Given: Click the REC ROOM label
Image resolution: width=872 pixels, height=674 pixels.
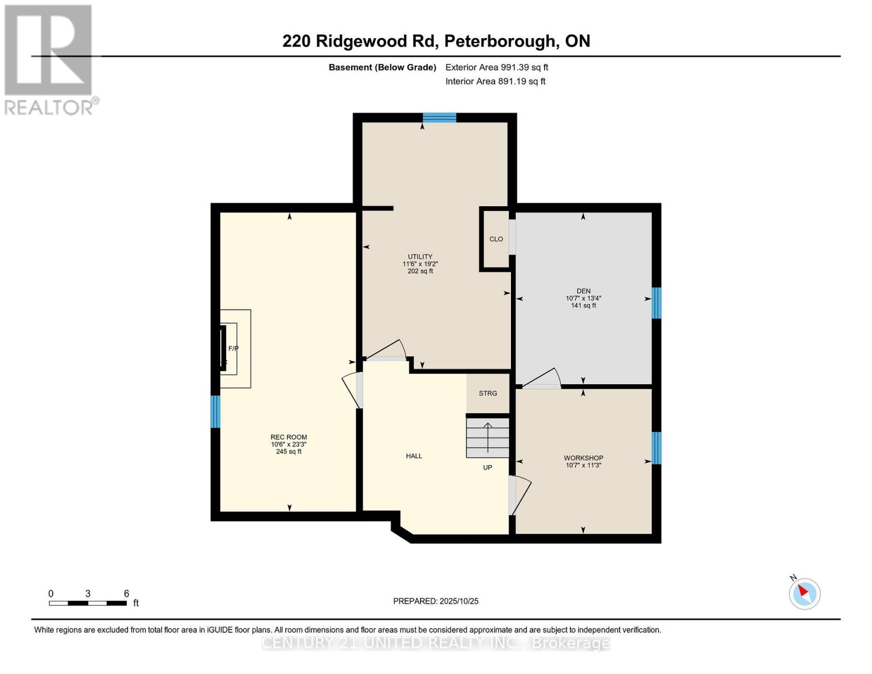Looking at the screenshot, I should (289, 438).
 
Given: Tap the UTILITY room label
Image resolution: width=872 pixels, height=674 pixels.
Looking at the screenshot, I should (420, 257).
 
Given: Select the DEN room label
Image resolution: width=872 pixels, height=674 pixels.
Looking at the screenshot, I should (583, 291).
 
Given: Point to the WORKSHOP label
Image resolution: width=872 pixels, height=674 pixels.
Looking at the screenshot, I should (583, 458).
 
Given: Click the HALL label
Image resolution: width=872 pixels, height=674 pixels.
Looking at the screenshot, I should (414, 456).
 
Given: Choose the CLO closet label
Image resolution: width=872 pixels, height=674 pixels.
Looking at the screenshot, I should (496, 239).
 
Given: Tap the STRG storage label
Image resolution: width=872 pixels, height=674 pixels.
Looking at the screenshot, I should (487, 393).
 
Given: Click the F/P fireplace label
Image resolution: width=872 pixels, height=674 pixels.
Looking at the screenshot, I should (233, 349).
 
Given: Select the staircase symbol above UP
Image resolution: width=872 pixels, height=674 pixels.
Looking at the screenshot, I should (487, 437).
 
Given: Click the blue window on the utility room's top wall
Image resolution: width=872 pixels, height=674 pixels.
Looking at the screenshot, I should (439, 117).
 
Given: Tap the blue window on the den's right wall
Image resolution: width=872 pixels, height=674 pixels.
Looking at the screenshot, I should (656, 303).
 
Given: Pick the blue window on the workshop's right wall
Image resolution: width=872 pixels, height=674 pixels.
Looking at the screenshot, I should (656, 448).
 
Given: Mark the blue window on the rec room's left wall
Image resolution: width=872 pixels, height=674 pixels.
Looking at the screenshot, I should (215, 411).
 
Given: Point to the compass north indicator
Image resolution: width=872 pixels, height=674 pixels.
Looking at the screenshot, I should (804, 593).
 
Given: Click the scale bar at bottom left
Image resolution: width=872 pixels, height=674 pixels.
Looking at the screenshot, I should (88, 603).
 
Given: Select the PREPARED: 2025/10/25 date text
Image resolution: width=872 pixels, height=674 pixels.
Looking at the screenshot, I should (436, 601).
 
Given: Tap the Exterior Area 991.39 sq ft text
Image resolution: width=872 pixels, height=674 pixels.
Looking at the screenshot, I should (496, 67).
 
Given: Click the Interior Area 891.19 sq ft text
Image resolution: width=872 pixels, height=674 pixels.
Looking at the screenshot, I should (495, 81).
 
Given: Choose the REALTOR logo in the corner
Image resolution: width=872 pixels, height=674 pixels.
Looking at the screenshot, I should (49, 60).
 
